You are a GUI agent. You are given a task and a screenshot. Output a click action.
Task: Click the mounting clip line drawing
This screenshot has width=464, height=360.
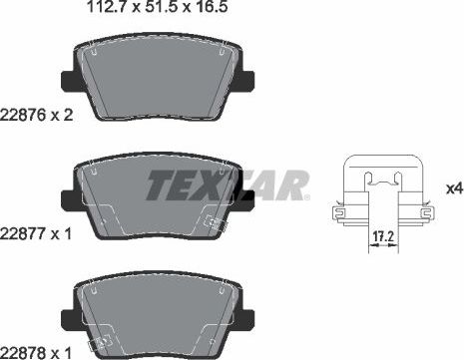[x=379, y=195]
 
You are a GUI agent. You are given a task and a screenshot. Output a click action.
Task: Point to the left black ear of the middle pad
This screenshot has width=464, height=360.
[x=67, y=199]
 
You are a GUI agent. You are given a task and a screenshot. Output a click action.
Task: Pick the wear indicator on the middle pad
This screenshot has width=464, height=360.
[x=211, y=223]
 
